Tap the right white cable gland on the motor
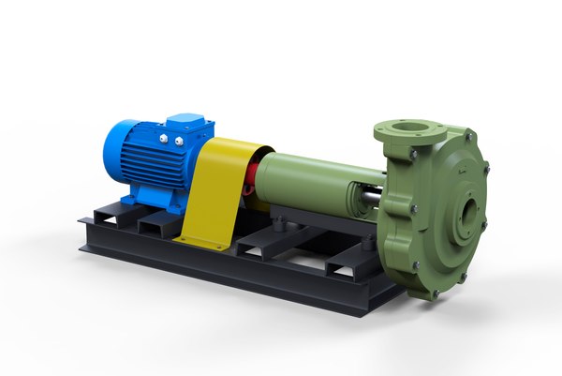(x=177, y=142)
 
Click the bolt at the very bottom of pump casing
(x=434, y=293)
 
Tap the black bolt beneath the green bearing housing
(x=280, y=222)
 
